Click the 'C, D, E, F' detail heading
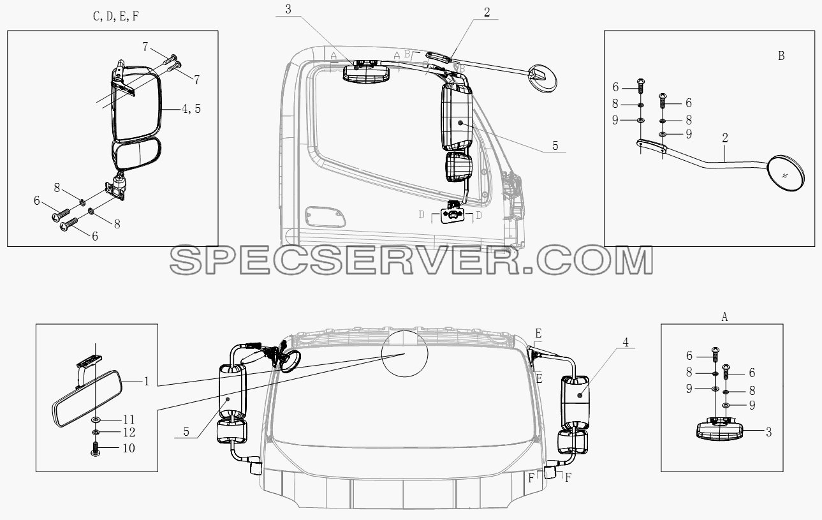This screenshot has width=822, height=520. pos(116,17)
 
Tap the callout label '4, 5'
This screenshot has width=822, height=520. pos(191,108)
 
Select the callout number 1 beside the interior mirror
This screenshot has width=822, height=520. pos(147,382)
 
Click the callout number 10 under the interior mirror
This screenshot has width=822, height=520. pos(129,449)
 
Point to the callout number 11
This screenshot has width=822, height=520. pos(129,419)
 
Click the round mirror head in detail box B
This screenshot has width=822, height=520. pos(786,174)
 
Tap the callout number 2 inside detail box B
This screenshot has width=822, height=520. pos(725,138)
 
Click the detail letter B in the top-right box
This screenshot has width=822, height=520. pos(781,56)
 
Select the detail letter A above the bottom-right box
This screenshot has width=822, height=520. pos(724,316)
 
